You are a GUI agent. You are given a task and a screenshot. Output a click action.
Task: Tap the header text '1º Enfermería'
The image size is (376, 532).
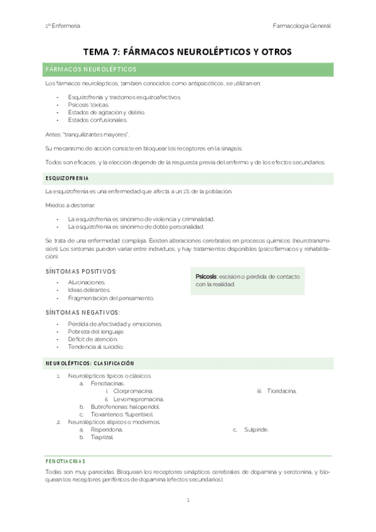click(62, 26)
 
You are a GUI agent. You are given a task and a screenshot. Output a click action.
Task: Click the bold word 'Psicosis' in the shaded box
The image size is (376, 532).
click(206, 277)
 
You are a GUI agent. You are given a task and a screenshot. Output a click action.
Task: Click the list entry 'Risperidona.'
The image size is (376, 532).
click(106, 430)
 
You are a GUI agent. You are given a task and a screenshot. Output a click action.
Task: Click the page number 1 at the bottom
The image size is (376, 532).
click(188, 501)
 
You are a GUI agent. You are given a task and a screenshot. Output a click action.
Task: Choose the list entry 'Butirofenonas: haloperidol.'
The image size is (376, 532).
click(124, 407)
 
